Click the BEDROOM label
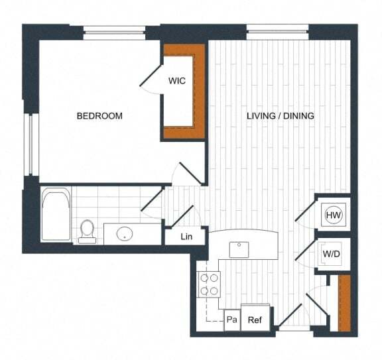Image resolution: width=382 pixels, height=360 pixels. click(x=99, y=116)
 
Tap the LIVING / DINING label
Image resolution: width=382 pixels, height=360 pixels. click(x=280, y=116)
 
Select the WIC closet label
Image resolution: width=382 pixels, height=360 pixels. click(x=176, y=81)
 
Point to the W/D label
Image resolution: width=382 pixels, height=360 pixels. click(x=331, y=254)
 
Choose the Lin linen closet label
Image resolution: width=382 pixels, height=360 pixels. click(x=187, y=237)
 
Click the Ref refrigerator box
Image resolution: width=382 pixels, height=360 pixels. click(x=255, y=320)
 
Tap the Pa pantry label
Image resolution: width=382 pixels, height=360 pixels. click(x=231, y=320)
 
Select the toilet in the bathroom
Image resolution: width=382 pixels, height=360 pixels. click(x=87, y=231)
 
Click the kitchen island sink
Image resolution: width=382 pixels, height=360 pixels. click(x=239, y=249)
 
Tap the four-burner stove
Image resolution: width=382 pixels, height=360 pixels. click(x=210, y=284)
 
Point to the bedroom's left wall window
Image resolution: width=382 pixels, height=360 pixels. click(x=29, y=145)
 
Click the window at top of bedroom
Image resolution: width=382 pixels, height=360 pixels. click(x=114, y=31)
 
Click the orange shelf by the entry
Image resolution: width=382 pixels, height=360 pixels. click(x=344, y=303)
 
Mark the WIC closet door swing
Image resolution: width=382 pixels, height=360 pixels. click(x=152, y=78)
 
